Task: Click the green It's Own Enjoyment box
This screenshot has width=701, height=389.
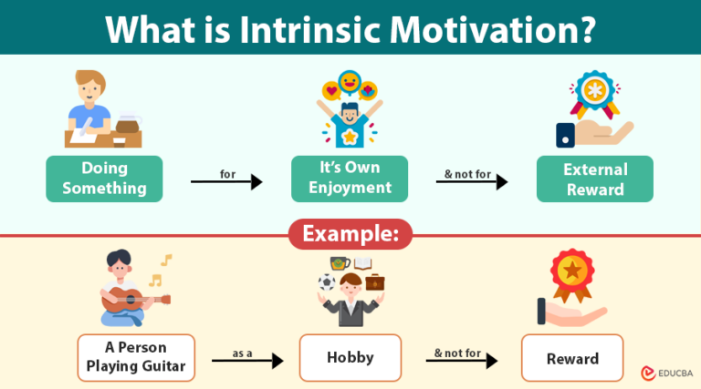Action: click(x=350, y=179)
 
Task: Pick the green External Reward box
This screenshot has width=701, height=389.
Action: click(x=594, y=179)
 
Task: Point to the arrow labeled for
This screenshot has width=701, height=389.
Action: click(x=226, y=182)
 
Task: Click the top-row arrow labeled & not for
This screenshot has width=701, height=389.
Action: click(x=471, y=182)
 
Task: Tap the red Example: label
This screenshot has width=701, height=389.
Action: click(x=351, y=234)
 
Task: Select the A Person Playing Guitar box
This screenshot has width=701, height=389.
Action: click(x=136, y=357)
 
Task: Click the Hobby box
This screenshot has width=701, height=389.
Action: click(x=350, y=357)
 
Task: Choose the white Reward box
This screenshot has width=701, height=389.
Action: click(x=572, y=358)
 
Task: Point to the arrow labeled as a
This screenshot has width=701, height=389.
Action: click(x=247, y=361)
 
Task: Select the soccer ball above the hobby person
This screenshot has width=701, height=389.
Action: click(x=324, y=283)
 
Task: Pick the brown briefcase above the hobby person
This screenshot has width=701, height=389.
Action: click(x=375, y=282)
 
